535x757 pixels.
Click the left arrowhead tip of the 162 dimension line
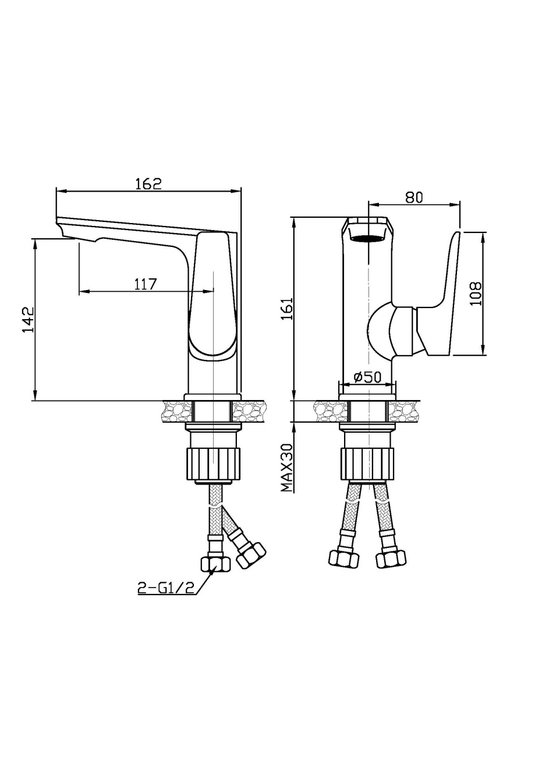tap(56, 191)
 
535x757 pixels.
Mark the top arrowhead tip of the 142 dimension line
tap(34, 239)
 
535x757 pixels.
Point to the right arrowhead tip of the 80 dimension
tap(460, 204)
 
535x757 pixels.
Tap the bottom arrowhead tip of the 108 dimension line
tap(484, 355)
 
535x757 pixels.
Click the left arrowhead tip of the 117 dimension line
tap(79, 291)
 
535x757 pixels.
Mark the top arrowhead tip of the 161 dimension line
tap(293, 218)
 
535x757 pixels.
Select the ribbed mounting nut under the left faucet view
tap(214, 464)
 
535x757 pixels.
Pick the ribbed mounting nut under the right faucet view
tap(367, 464)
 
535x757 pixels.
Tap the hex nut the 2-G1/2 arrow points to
tap(216, 564)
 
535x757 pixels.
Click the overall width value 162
tap(149, 183)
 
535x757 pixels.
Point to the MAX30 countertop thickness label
tap(287, 468)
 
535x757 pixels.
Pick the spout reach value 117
tap(146, 284)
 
